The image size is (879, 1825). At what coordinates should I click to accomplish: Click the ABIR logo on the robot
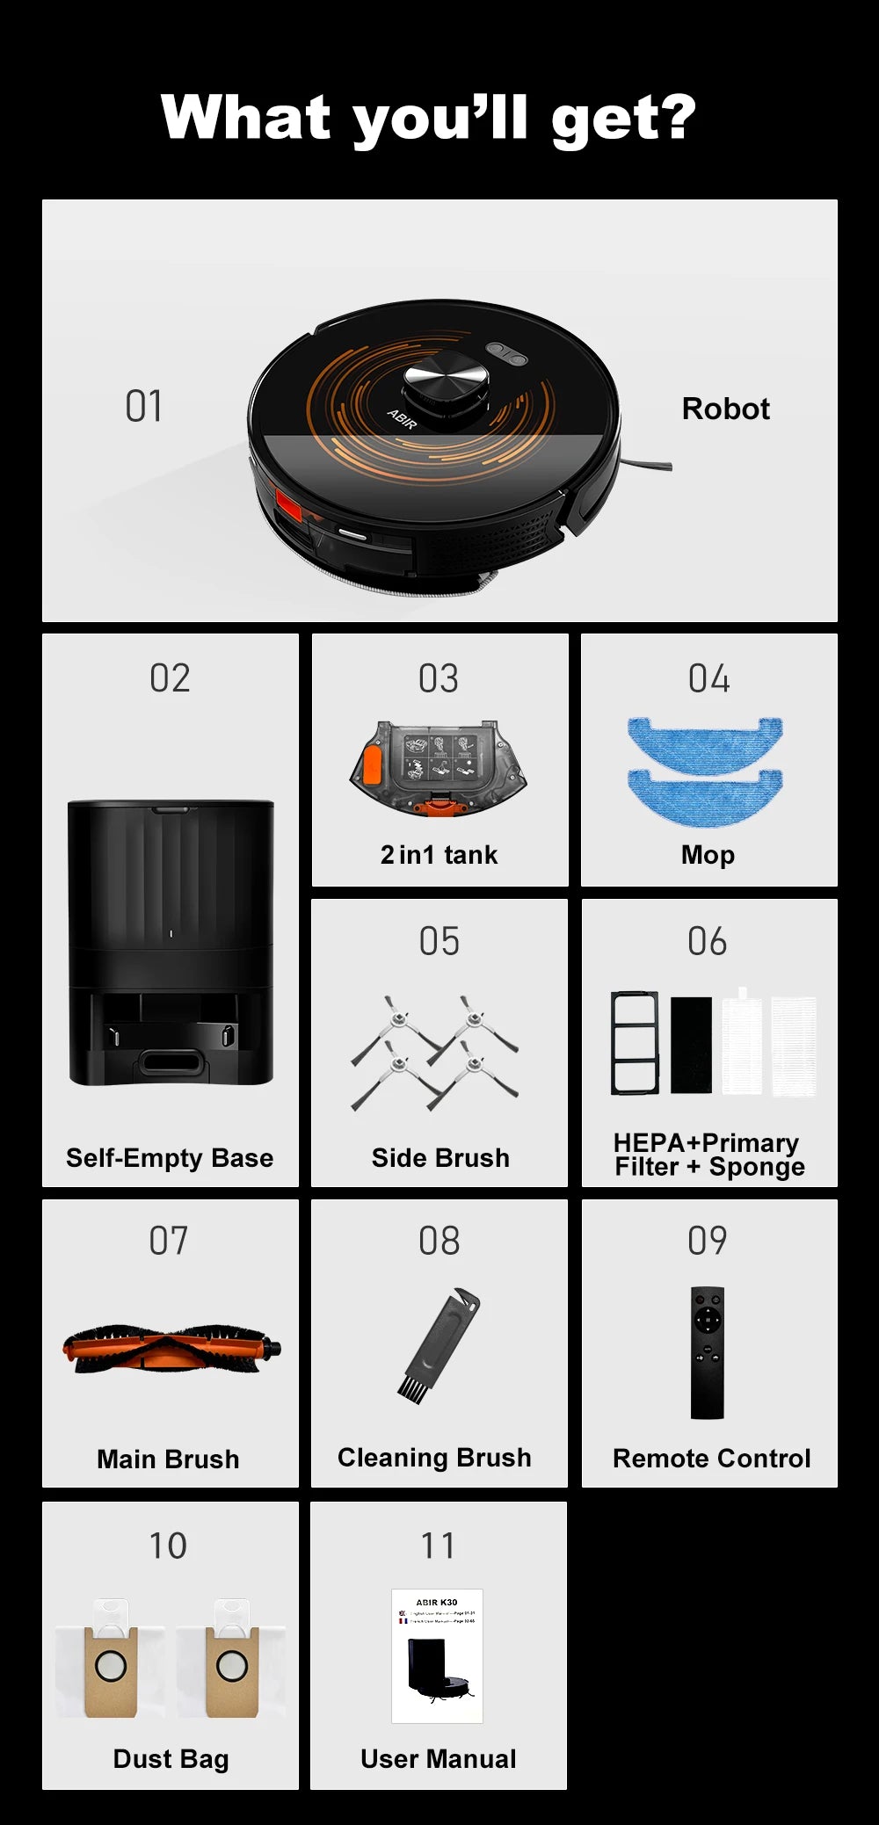(x=402, y=419)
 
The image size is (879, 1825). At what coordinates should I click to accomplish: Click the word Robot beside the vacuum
(x=725, y=409)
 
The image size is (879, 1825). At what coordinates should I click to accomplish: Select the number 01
(x=143, y=407)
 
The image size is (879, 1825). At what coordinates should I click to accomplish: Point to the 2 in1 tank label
(x=439, y=855)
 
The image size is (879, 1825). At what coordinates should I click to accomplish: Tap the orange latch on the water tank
(x=373, y=763)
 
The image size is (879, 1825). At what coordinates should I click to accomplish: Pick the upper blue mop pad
(x=704, y=742)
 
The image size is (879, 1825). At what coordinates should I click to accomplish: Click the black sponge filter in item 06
(x=691, y=1045)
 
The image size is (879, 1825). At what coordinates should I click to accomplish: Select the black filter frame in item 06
(x=635, y=1043)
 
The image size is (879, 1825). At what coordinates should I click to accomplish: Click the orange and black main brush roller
(x=171, y=1349)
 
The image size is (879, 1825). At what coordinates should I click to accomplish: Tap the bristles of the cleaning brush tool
(x=410, y=1387)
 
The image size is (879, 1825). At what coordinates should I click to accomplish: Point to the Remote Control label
(x=711, y=1459)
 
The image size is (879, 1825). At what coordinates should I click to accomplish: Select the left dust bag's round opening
(x=111, y=1665)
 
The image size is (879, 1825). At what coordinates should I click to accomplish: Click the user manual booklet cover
(x=437, y=1655)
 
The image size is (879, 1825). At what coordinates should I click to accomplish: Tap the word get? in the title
(x=622, y=119)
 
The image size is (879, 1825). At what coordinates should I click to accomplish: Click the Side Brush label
(x=440, y=1158)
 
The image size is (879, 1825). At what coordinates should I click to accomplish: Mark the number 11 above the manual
(x=438, y=1546)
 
